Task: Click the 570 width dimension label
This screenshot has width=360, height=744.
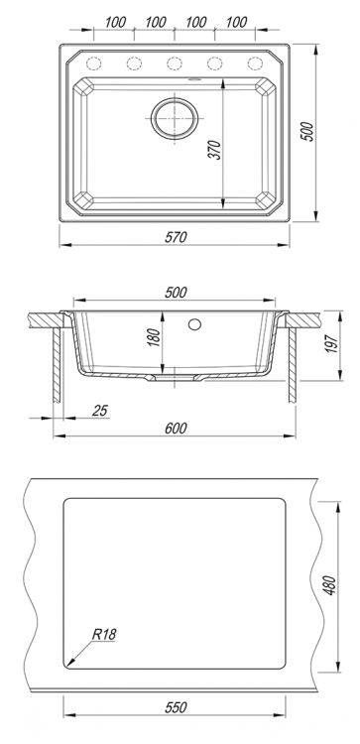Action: coord(176,237)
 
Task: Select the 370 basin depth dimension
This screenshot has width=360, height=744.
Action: coord(215,150)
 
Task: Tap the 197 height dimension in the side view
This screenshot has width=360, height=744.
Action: coord(332,342)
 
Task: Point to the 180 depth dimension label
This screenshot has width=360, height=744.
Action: coord(155,336)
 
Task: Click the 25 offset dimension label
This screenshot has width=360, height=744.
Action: coord(100,410)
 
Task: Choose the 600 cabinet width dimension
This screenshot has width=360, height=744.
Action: coord(176,428)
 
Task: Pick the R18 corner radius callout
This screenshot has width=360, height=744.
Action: coord(104,635)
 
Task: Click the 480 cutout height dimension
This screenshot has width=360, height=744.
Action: coord(330,586)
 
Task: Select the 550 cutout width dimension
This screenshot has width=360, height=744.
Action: coord(176,707)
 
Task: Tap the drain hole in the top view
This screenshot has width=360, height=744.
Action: coord(175,118)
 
